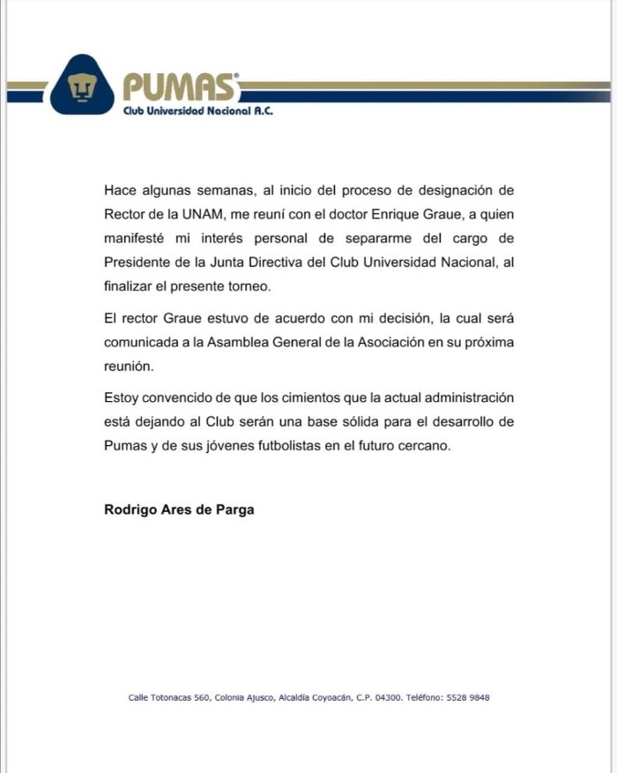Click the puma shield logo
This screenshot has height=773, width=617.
(82, 85)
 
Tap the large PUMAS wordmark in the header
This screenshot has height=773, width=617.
(180, 87)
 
